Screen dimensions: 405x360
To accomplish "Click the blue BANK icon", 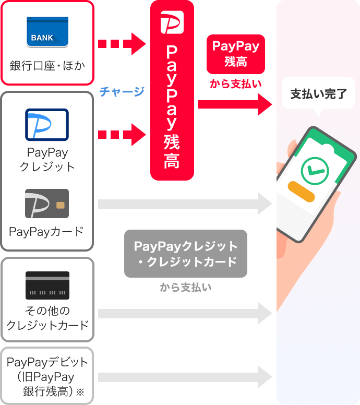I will (x=47, y=32).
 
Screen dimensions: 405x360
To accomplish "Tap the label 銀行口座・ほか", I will (x=47, y=66).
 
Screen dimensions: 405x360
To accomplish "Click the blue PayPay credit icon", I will (x=47, y=125).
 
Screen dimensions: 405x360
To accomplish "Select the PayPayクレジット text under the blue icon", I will (x=47, y=160).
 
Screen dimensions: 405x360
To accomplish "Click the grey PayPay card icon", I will (x=47, y=204).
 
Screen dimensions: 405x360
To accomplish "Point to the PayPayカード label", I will (x=47, y=232).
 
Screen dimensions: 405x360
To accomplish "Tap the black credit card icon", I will (x=47, y=285).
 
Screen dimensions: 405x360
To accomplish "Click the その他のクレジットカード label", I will (x=47, y=318).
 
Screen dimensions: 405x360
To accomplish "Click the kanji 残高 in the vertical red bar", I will (x=172, y=152).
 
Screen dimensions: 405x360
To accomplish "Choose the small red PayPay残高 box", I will (x=235, y=54).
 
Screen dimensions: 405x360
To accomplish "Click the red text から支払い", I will (x=235, y=84).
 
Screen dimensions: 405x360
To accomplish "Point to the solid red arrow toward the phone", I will (x=235, y=105).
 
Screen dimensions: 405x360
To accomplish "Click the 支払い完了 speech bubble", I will (x=318, y=94).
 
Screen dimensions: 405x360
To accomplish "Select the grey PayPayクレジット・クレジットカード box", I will (x=186, y=254).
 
